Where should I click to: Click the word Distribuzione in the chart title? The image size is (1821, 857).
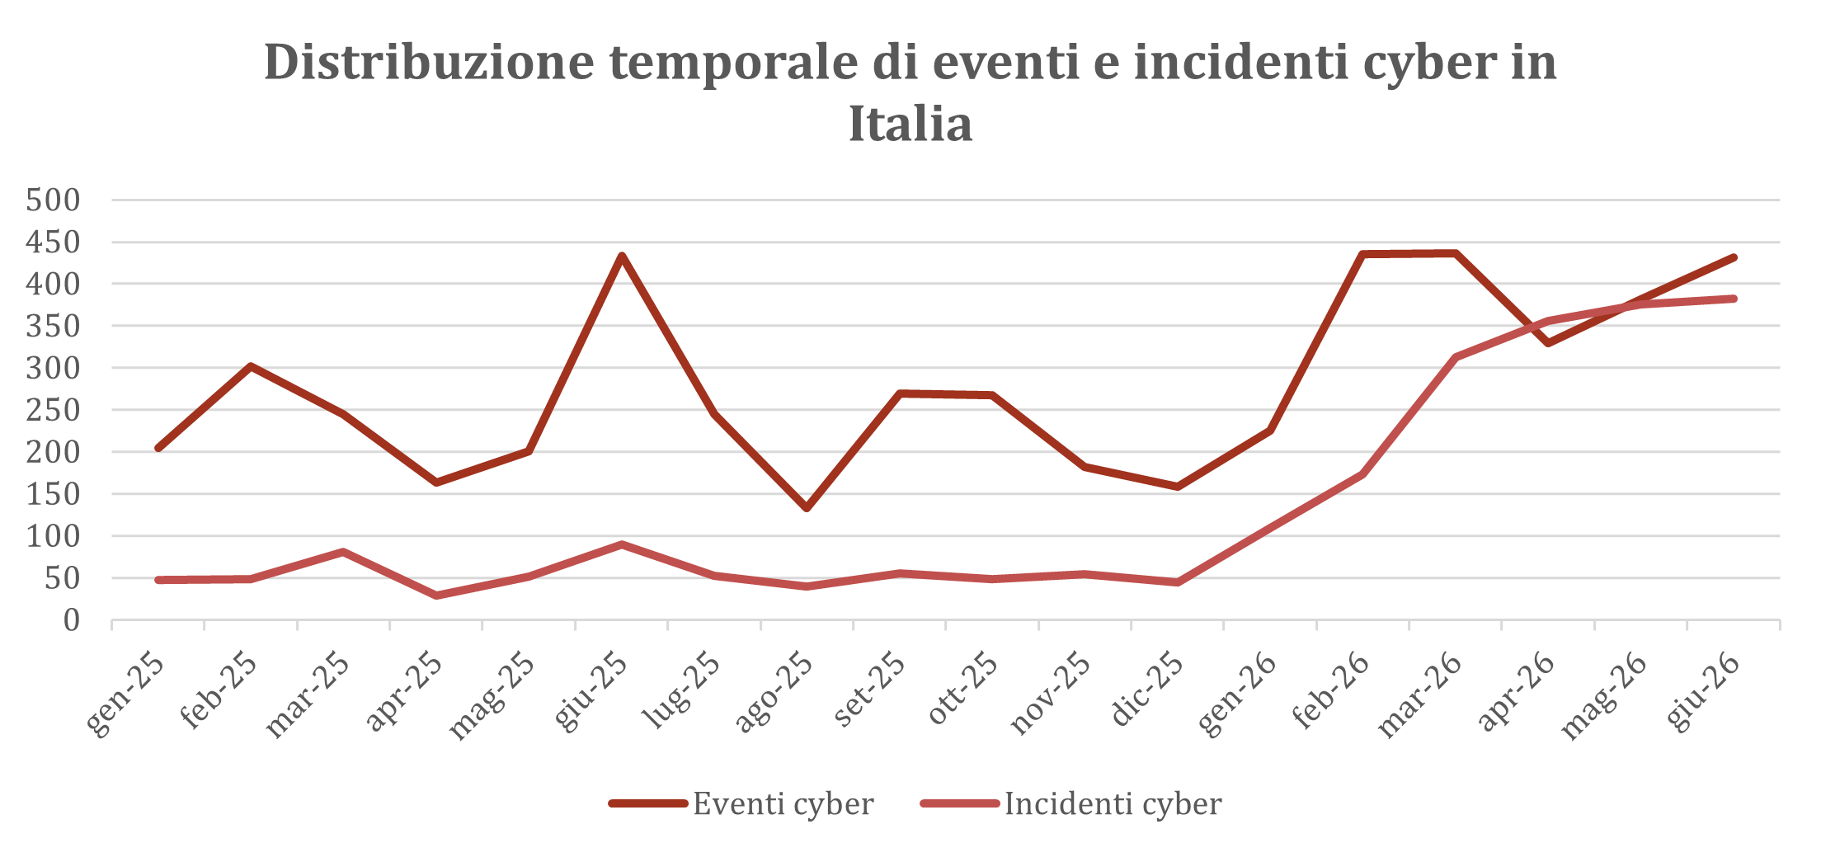429,62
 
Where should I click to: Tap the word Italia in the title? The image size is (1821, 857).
910,124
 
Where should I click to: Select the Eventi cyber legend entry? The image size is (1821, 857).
741,803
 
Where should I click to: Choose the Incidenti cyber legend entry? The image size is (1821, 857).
1070,803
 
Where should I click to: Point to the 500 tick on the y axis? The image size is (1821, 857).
53,200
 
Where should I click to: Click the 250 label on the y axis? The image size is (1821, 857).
53,410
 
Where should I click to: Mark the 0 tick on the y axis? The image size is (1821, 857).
72,620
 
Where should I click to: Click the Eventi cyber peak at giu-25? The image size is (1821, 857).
622,256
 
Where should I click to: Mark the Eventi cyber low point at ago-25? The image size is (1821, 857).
807,508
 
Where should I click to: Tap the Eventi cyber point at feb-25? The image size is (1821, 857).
251,365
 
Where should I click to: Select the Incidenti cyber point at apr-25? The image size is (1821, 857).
436,596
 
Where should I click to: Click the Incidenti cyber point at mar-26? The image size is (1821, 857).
1456,357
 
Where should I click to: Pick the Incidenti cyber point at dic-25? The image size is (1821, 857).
1178,582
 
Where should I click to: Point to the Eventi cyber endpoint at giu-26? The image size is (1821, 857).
1734,257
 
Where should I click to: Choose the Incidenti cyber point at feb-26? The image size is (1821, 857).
1362,474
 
